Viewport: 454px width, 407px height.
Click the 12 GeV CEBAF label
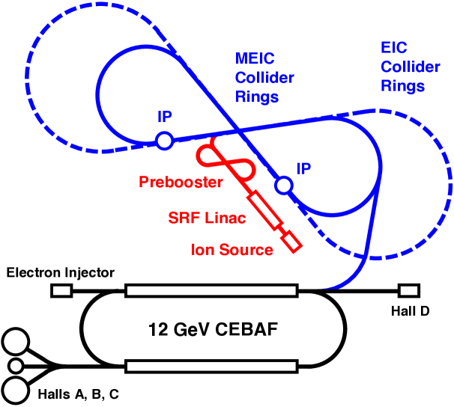coord(213,329)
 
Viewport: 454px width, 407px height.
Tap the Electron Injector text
coord(60,273)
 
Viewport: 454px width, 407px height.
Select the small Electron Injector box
coord(61,290)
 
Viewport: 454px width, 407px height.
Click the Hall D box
coord(409,290)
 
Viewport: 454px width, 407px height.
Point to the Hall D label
coord(410,311)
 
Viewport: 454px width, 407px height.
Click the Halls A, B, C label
coord(78,394)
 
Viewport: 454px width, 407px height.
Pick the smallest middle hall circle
coord(16,366)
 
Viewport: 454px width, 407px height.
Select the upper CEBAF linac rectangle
coord(212,290)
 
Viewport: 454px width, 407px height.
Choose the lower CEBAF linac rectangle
coord(212,367)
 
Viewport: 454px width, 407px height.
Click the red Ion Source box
coord(292,242)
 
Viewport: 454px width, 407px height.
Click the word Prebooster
coord(181,182)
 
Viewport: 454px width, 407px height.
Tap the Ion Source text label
coord(232,250)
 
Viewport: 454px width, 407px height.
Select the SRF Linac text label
coord(207,218)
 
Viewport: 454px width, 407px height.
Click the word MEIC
coord(255,58)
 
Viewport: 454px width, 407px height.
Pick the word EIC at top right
coord(394,47)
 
